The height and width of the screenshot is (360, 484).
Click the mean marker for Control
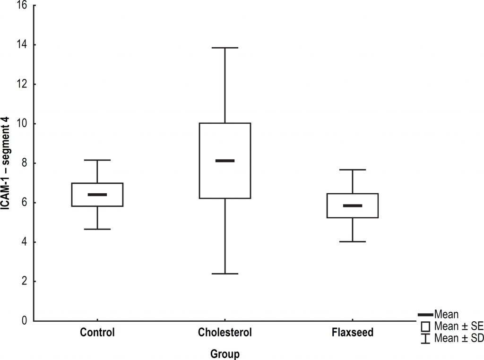(x=97, y=195)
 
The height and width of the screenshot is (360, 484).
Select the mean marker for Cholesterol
(x=225, y=161)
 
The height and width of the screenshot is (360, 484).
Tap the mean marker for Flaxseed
(x=353, y=206)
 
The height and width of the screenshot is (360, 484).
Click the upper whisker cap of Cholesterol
(x=225, y=48)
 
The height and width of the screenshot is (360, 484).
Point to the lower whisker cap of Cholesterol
(x=225, y=274)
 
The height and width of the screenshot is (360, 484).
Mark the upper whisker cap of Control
(x=97, y=160)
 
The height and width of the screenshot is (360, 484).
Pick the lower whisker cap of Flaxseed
(x=353, y=241)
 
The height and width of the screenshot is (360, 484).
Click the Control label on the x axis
(x=97, y=332)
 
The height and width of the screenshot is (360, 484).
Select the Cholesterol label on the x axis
(x=225, y=332)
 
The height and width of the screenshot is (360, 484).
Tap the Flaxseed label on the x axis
(x=353, y=332)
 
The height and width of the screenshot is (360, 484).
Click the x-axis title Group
(x=225, y=353)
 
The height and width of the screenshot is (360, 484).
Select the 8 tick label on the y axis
(x=25, y=163)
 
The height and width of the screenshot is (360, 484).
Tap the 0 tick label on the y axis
(x=25, y=321)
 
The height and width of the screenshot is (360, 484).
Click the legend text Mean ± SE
(x=458, y=326)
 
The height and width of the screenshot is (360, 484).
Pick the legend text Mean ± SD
(x=459, y=338)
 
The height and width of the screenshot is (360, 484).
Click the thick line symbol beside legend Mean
(x=425, y=315)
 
